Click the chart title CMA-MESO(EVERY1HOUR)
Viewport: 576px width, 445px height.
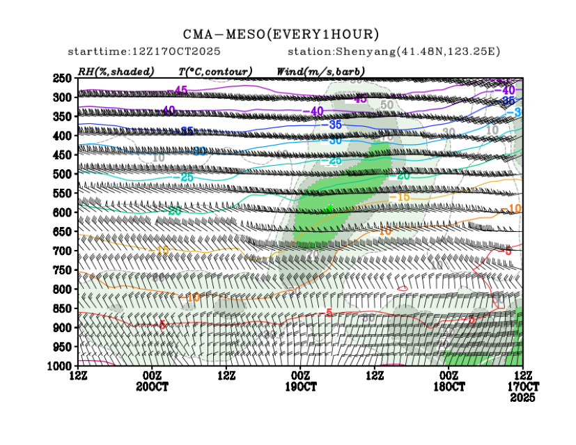point(281,34)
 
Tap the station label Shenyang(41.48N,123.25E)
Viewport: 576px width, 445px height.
point(394,52)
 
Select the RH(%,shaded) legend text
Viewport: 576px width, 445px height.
point(116,71)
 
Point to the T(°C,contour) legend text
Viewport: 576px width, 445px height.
point(215,71)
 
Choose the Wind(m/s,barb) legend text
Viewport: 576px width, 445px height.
point(320,71)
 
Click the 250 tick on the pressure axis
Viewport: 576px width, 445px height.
point(63,78)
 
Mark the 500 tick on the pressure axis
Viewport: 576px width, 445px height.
point(63,174)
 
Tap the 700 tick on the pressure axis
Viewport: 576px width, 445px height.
point(63,251)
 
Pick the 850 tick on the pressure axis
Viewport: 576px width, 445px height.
point(63,308)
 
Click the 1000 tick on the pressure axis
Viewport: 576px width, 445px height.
point(61,366)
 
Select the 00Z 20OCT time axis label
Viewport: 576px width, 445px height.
point(152,381)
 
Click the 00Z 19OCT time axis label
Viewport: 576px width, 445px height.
point(301,381)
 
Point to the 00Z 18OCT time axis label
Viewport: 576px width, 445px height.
point(449,381)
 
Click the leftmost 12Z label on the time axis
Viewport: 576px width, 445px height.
point(78,376)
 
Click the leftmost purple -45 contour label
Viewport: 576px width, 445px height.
point(180,91)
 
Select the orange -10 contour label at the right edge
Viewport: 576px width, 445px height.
point(515,209)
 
